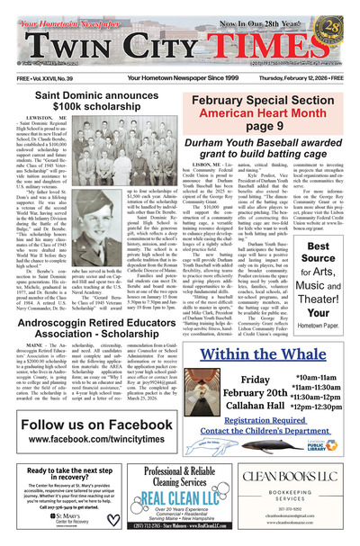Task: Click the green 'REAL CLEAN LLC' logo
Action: coord(177,500)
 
